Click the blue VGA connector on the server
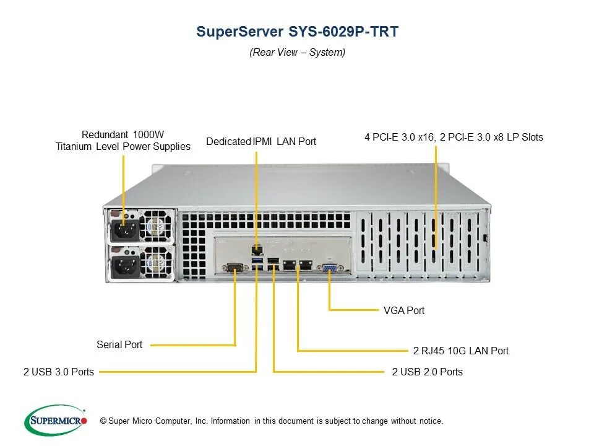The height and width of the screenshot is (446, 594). point(329,268)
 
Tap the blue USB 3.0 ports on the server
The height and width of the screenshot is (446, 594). point(257,266)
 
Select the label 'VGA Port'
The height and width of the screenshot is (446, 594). point(404,310)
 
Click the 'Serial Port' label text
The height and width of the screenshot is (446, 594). point(119,344)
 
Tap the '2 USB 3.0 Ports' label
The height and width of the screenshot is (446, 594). point(59,372)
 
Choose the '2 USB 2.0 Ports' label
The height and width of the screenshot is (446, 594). point(427,372)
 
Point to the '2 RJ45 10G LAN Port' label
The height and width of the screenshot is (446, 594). point(460,351)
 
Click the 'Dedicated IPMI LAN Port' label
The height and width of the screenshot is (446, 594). point(261,141)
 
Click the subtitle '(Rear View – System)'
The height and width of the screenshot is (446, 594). point(297,52)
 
